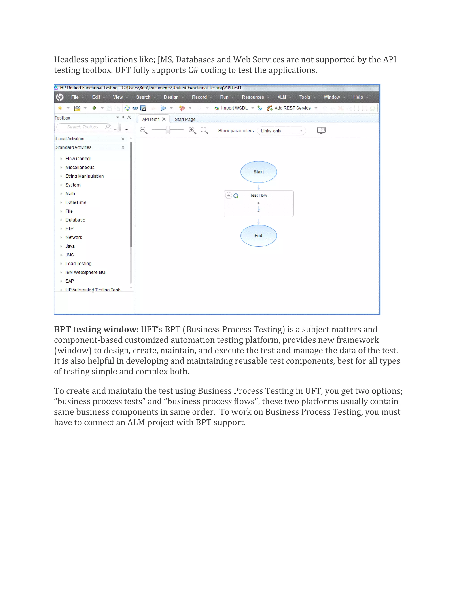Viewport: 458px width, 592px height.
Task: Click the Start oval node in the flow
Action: point(258,172)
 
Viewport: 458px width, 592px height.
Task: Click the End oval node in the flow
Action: point(258,235)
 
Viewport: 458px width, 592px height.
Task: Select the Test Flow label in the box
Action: point(258,195)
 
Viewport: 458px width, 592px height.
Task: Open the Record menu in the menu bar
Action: point(199,97)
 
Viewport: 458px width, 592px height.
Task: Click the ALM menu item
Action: point(281,97)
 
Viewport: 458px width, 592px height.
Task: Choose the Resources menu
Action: point(253,97)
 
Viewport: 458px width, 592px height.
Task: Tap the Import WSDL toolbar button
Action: point(234,108)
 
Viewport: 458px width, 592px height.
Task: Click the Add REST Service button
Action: point(292,108)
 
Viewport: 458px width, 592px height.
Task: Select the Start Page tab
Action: point(185,119)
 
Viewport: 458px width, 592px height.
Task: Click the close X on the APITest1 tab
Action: point(164,119)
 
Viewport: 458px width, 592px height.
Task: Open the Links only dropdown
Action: point(281,131)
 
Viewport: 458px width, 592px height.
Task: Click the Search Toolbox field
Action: point(83,127)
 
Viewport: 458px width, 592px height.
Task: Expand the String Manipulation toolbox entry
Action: point(84,176)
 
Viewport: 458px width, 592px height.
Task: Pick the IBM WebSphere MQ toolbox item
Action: point(85,272)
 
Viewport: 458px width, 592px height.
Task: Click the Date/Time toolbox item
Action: point(76,202)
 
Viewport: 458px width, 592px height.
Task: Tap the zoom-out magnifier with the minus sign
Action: point(143,130)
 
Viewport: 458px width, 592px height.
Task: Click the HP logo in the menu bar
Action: point(60,97)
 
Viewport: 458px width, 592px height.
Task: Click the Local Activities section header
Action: point(70,139)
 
